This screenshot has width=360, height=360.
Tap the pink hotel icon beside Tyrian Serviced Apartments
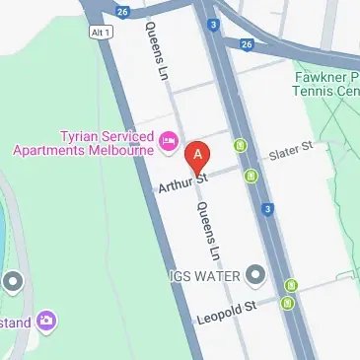[169, 142]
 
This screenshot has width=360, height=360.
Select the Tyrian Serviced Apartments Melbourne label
[83, 141]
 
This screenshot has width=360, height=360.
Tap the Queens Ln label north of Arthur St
[158, 50]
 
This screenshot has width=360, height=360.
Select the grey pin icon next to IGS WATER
[255, 273]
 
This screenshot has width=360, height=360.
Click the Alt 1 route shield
[99, 33]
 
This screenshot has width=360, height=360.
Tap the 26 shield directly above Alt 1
[122, 12]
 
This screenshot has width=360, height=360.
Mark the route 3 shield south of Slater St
[267, 209]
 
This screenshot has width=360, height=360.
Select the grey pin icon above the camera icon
[13, 283]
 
